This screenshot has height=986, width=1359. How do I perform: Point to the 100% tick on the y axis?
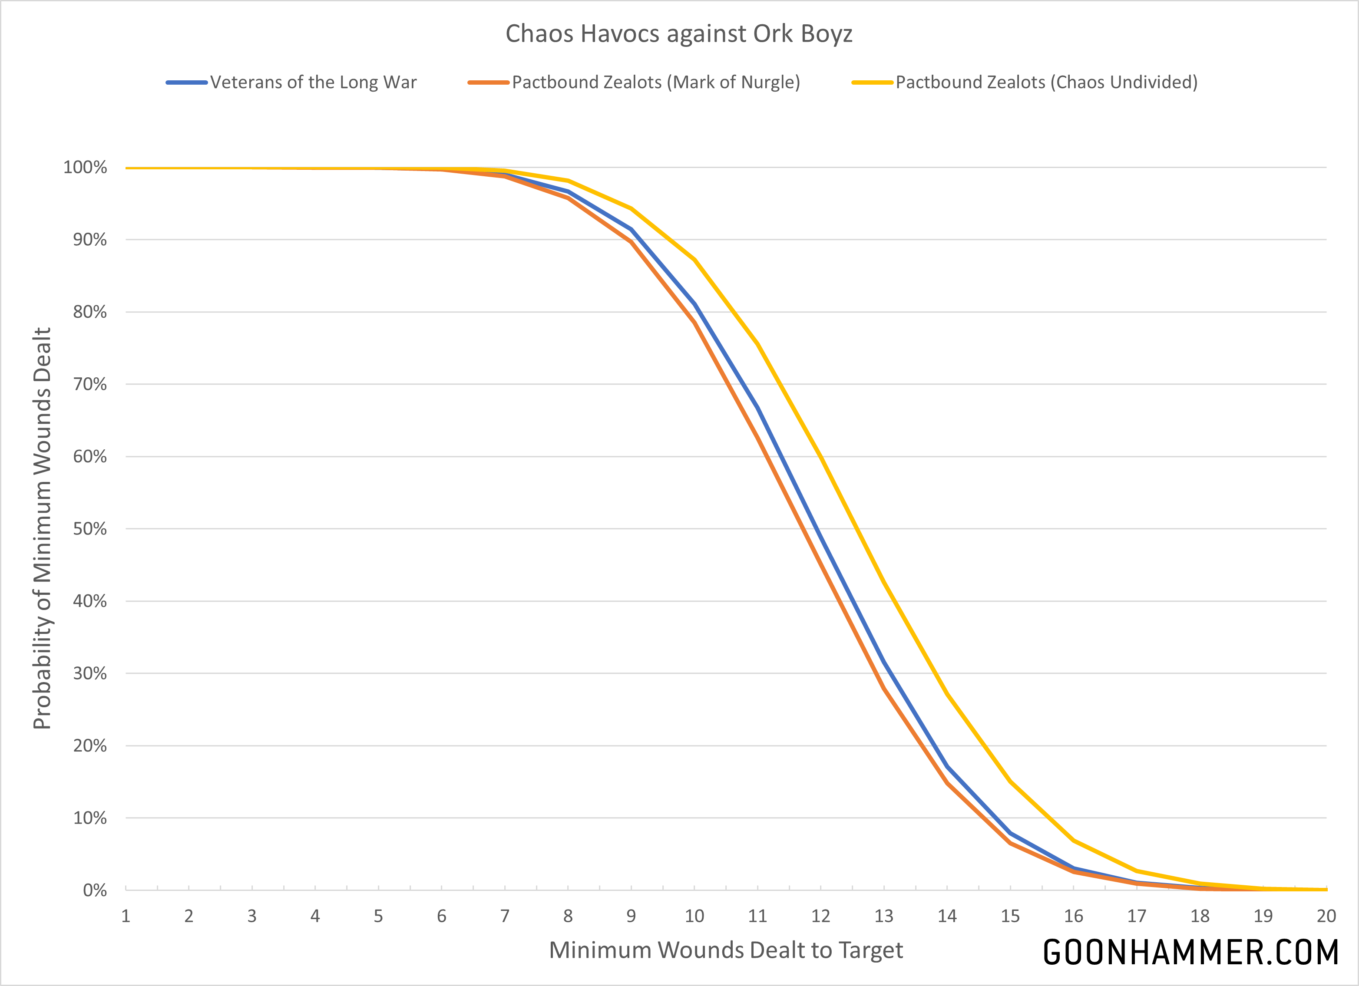(x=85, y=167)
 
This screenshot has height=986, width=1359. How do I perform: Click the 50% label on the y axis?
(x=90, y=529)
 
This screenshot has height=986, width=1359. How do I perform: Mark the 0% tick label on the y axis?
(x=95, y=890)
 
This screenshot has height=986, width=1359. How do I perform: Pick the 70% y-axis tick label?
(x=90, y=384)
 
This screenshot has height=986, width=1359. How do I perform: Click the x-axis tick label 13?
(x=884, y=916)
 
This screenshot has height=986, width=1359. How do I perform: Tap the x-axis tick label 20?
(x=1326, y=916)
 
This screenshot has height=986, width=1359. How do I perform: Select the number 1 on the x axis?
(x=126, y=916)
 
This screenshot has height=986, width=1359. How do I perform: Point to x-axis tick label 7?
(x=505, y=916)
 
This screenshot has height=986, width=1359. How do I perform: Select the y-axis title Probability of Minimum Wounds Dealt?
(x=42, y=528)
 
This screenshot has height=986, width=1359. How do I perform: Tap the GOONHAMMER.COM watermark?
(x=1190, y=952)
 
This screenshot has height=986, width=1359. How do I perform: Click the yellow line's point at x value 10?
(x=694, y=259)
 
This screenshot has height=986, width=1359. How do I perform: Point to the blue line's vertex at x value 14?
(x=947, y=767)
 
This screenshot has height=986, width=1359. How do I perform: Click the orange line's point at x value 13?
(x=884, y=688)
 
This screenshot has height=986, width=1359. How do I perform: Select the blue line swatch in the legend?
(x=187, y=82)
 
